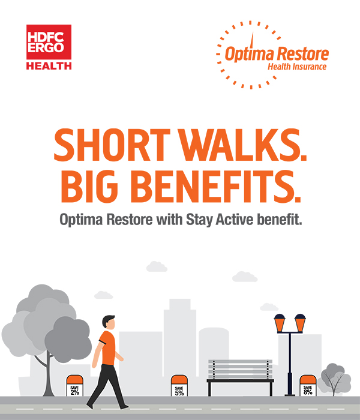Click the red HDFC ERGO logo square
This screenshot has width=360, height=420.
(x=49, y=42)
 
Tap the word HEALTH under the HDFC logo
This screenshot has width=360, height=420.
(x=49, y=66)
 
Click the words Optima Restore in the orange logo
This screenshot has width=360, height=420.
(x=277, y=54)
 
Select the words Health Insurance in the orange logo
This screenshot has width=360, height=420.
(x=297, y=67)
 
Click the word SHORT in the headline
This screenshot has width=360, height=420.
(x=112, y=145)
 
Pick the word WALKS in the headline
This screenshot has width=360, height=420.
(x=242, y=145)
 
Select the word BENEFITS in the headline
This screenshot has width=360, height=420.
(x=215, y=187)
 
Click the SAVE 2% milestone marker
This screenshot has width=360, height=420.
(x=75, y=385)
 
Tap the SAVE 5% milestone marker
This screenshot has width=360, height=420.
(x=179, y=385)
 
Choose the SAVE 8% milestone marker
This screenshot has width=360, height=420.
(x=308, y=385)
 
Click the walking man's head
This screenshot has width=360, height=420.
(x=109, y=322)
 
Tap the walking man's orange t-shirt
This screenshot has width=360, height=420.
(x=107, y=348)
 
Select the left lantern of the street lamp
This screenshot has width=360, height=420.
(x=280, y=323)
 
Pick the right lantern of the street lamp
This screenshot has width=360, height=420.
(x=300, y=323)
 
